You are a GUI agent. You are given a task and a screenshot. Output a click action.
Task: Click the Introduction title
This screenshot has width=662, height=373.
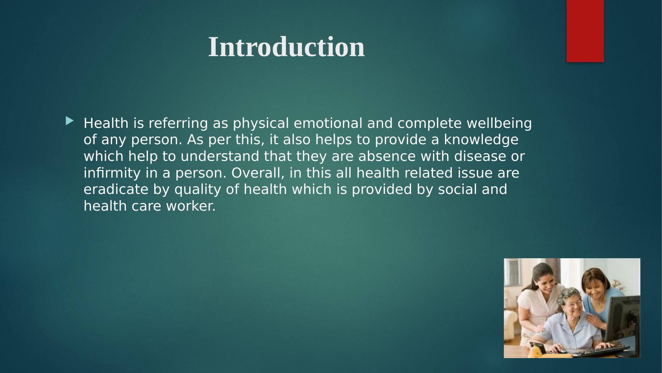tap(286, 47)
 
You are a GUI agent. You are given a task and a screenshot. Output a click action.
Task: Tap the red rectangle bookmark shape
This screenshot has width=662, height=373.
tap(585, 31)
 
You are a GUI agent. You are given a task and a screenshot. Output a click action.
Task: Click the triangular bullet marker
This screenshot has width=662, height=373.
tap(69, 121)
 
